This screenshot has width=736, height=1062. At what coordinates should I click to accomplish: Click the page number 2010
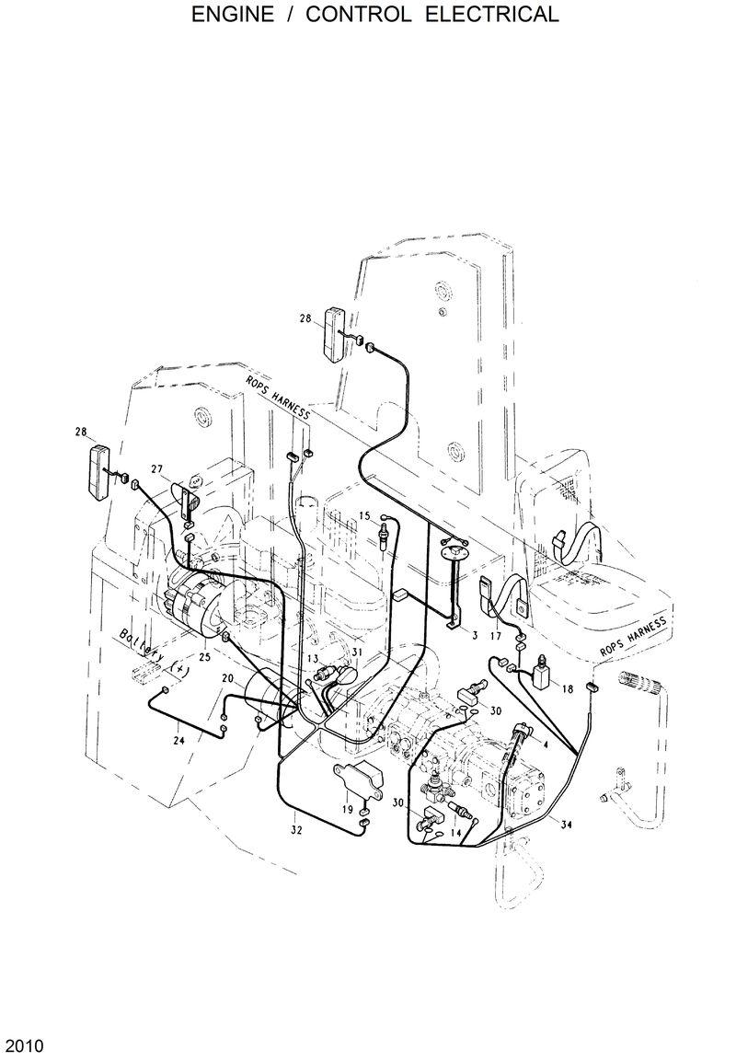(23, 1046)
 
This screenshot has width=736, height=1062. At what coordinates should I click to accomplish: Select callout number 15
(364, 514)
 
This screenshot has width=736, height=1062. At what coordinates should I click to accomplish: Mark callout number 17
(495, 635)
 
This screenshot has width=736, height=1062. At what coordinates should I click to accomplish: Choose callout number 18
(567, 688)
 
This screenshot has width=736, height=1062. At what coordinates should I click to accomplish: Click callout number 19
(348, 809)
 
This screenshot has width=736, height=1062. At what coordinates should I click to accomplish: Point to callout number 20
(226, 678)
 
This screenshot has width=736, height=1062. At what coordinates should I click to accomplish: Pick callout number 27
(156, 469)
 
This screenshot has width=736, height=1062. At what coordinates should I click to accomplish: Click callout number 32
(295, 830)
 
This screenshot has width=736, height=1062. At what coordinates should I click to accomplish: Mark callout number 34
(567, 825)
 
